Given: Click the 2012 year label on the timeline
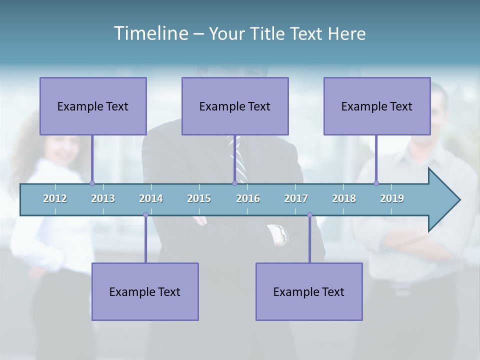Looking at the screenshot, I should click(55, 198).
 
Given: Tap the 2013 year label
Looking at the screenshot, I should click(103, 198).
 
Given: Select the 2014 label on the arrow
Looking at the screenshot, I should click(151, 198).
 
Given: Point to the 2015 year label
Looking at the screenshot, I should click(199, 198).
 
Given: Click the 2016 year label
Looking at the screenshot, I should click(248, 198).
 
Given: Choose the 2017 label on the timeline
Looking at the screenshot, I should click(296, 198).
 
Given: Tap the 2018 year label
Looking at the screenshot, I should click(344, 198).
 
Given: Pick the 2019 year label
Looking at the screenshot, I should click(392, 198).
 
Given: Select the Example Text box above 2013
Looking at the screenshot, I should click(93, 106).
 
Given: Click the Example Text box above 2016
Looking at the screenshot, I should click(235, 106).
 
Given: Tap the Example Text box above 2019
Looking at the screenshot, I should click(377, 106).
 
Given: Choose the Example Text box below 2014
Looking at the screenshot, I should click(145, 291).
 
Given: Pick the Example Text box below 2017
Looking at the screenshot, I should click(309, 291).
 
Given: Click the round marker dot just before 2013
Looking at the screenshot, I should click(92, 183).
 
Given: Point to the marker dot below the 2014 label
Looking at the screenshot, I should click(145, 214).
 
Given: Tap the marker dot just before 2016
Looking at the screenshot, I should click(234, 183).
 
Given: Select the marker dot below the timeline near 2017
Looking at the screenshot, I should click(309, 214).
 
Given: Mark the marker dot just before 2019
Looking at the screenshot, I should click(376, 183).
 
